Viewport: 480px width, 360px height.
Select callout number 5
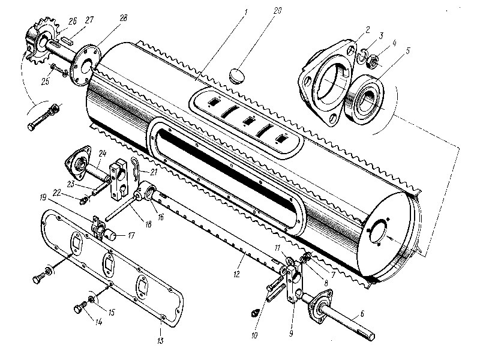(407, 51)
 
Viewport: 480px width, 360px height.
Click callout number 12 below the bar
(237, 274)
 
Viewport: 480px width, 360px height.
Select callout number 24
(101, 153)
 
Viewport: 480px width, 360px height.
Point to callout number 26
(73, 21)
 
